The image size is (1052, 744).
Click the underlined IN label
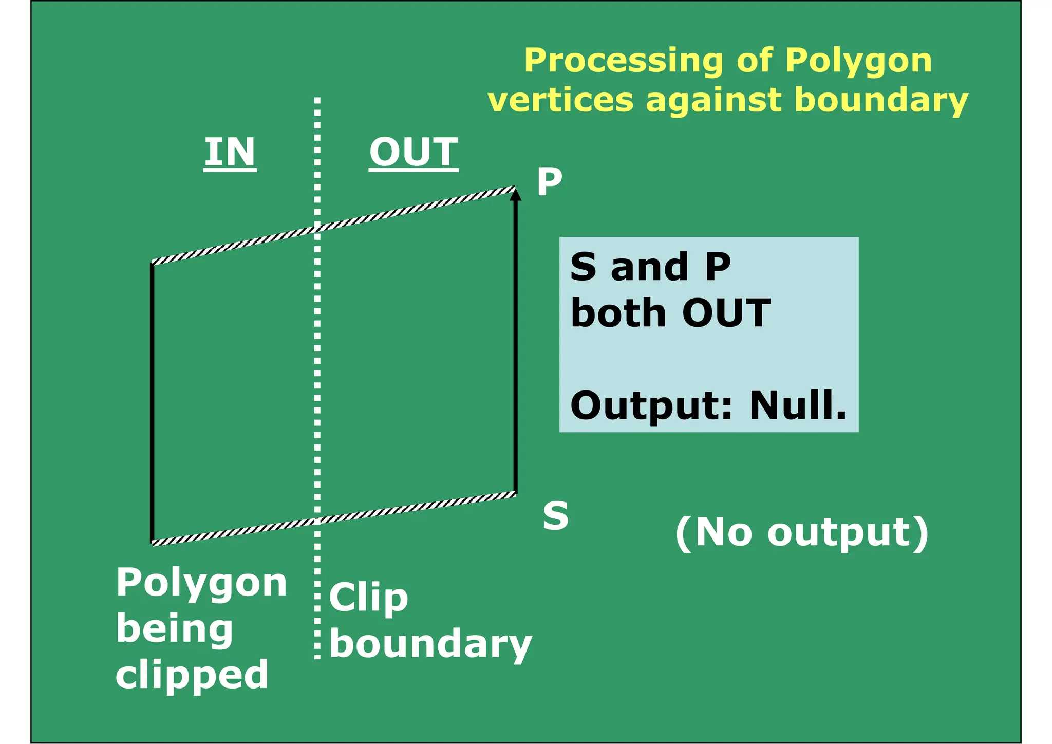(230, 152)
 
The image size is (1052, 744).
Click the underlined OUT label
(414, 152)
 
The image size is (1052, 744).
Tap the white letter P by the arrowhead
(549, 182)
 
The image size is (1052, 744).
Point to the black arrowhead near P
(516, 195)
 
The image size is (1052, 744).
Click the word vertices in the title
(560, 100)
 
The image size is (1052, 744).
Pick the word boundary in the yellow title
(881, 100)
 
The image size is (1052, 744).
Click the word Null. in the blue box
(798, 405)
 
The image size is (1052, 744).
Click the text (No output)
(802, 533)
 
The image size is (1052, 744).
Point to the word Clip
(368, 598)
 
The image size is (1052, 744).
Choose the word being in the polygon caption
(175, 629)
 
